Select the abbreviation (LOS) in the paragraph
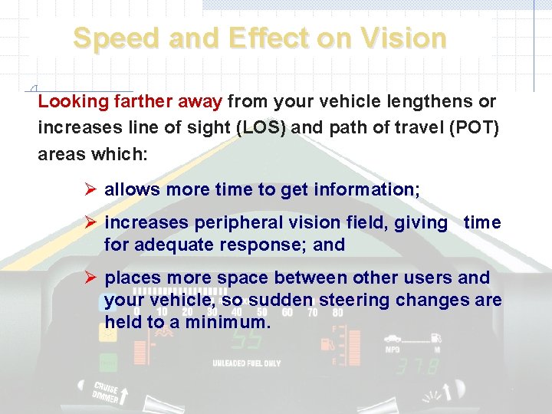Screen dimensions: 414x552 [x=261, y=127]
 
